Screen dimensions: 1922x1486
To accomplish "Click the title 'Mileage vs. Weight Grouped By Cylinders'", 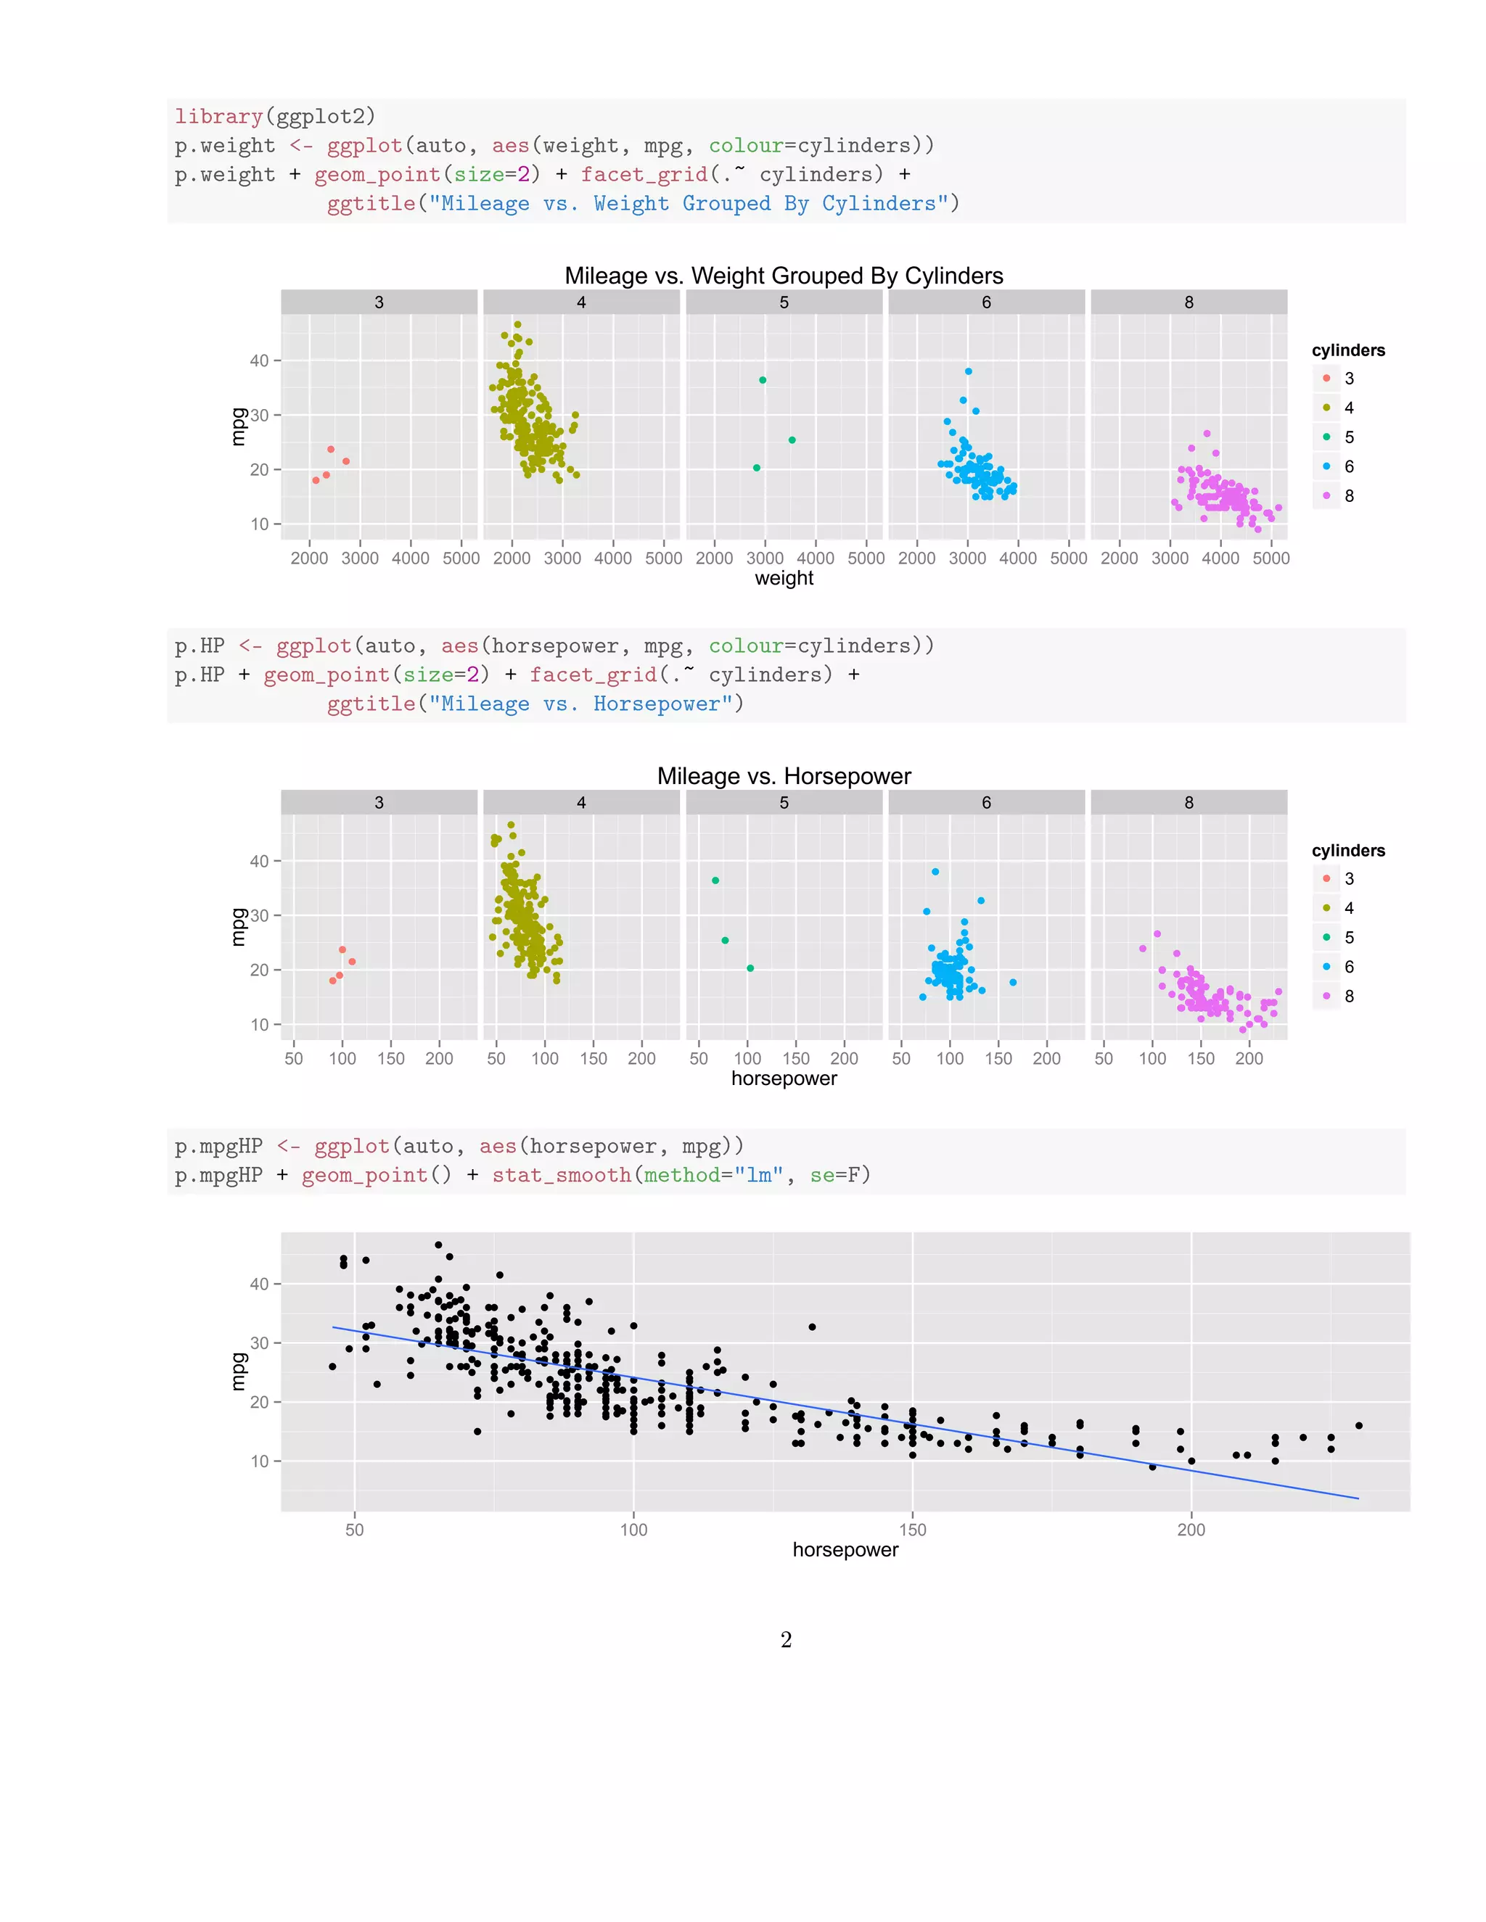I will click(x=784, y=276).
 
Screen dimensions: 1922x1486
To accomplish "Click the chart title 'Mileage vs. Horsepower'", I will click(x=784, y=776).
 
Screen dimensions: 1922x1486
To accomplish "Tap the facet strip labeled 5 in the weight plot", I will click(x=784, y=302).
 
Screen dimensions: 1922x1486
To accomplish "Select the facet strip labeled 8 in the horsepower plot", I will click(x=1189, y=803).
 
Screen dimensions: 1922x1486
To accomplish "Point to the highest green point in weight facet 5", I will click(x=763, y=380).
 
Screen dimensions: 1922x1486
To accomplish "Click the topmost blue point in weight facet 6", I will click(x=969, y=371).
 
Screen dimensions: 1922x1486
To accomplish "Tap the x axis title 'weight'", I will click(x=784, y=578).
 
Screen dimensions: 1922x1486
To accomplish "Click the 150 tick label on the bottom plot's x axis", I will click(x=912, y=1530).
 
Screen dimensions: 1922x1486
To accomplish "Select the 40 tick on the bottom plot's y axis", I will click(x=260, y=1284).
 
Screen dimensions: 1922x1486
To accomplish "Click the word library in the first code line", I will click(x=218, y=116).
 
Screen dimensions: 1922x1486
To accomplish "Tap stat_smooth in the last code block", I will click(x=561, y=1175).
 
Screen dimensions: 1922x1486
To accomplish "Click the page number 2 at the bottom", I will click(x=786, y=1640).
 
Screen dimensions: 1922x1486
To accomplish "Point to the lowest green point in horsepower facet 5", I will click(x=750, y=968).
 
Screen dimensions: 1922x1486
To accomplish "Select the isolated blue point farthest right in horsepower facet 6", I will click(x=1012, y=982).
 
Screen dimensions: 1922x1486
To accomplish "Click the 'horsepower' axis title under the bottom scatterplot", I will click(x=845, y=1550).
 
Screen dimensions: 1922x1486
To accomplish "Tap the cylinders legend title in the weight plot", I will click(x=1348, y=350).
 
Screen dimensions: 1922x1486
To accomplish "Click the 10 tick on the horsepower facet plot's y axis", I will click(x=260, y=1024).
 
